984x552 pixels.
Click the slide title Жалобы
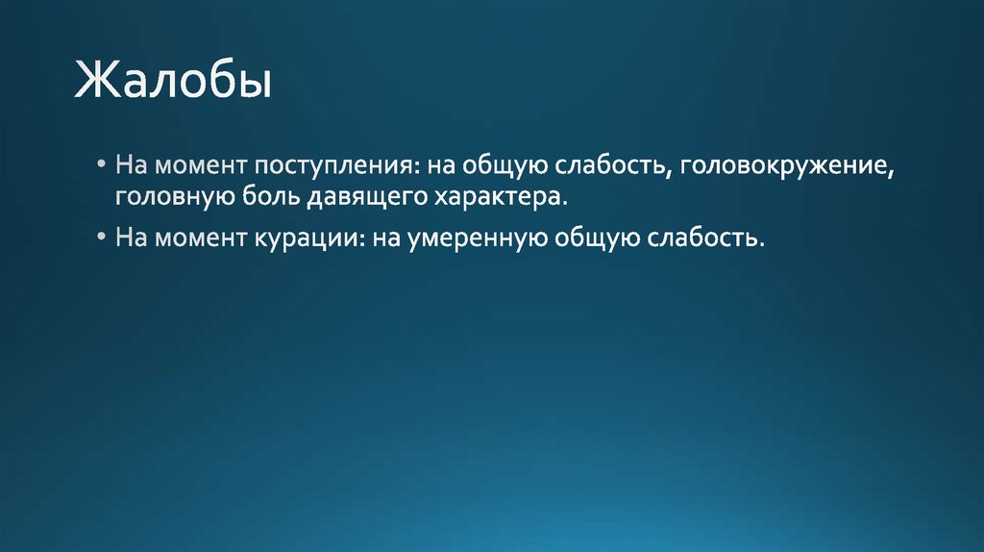click(173, 82)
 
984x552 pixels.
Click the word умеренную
click(476, 237)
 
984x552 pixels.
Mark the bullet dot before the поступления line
click(102, 164)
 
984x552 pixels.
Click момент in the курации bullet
click(201, 237)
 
